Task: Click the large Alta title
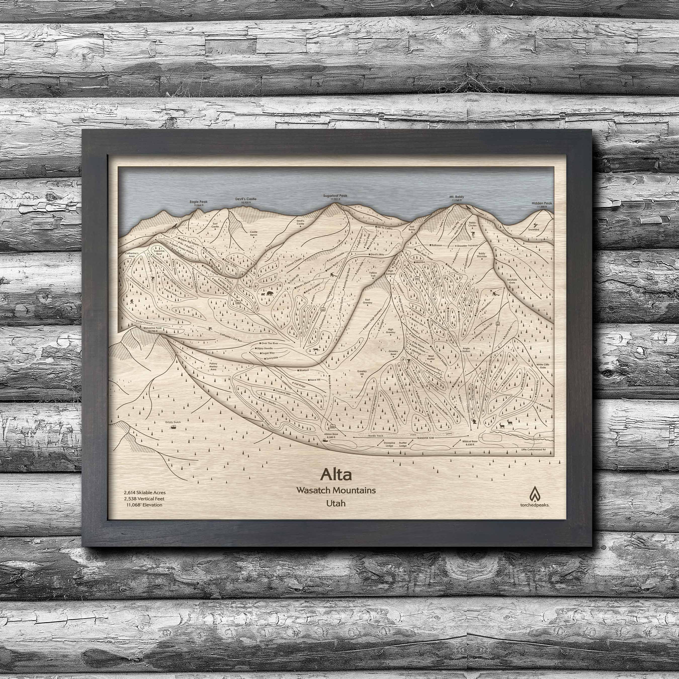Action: (336, 474)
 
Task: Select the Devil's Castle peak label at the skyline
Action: (246, 199)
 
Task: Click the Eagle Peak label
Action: (199, 202)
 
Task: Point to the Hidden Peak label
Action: (542, 203)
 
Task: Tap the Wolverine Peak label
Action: (147, 328)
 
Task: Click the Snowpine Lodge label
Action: (389, 444)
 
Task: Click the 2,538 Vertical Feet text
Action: (144, 499)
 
